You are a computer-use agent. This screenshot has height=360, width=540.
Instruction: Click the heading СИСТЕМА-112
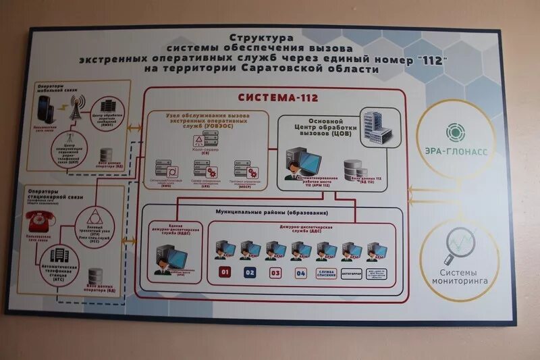269,97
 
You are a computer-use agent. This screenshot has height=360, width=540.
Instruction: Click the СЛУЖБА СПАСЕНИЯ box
327,274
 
